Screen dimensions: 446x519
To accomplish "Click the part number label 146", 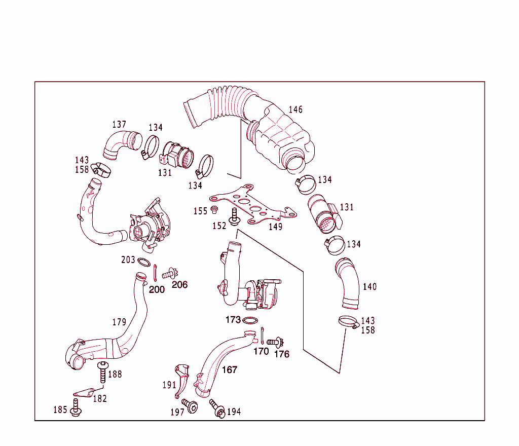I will click(x=295, y=109).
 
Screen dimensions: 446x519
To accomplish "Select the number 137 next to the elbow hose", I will click(x=119, y=124).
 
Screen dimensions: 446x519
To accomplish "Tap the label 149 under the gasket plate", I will click(x=275, y=227).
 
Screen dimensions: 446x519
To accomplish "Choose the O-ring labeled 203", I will click(x=144, y=263).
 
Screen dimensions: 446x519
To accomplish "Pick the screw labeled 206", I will click(x=168, y=274).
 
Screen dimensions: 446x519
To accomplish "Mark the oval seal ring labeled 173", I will click(x=250, y=320).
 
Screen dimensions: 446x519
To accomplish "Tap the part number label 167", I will click(x=230, y=370).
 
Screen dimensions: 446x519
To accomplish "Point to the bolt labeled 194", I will click(x=216, y=408).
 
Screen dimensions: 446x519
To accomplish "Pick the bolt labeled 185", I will click(x=76, y=408).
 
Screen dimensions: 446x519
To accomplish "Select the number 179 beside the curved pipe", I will click(x=119, y=322).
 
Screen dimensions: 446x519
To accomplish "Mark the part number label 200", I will click(x=157, y=289).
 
